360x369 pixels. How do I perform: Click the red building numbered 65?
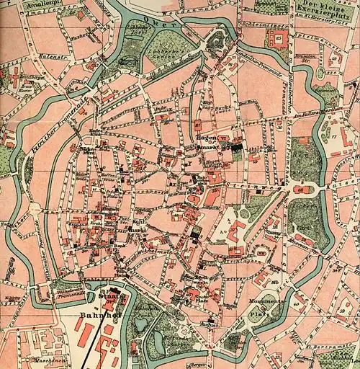point(279,37)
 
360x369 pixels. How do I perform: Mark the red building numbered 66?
point(300,189)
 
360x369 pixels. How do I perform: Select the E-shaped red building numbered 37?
point(236,231)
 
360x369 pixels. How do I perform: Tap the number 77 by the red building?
point(335,135)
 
